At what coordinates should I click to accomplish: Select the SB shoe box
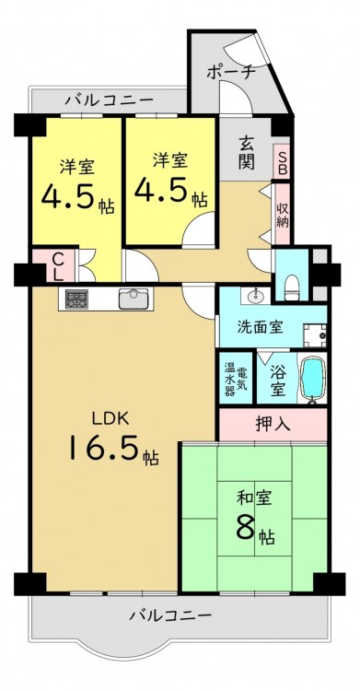(282, 162)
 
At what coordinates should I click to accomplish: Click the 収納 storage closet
(283, 215)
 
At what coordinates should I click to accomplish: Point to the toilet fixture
(292, 287)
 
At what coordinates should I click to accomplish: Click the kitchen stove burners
(76, 299)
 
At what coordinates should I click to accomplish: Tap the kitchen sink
(134, 299)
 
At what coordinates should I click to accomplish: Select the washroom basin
(255, 295)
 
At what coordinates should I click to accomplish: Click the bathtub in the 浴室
(312, 378)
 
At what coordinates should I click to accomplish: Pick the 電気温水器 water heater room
(236, 378)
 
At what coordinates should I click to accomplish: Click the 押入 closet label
(273, 424)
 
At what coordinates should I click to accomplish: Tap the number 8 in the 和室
(246, 528)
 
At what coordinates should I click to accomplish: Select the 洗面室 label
(260, 327)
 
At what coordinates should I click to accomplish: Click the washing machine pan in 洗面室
(315, 335)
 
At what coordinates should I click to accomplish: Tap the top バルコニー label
(110, 101)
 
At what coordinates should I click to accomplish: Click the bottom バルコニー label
(169, 614)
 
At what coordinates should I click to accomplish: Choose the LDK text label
(110, 418)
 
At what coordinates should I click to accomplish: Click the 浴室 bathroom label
(277, 379)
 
